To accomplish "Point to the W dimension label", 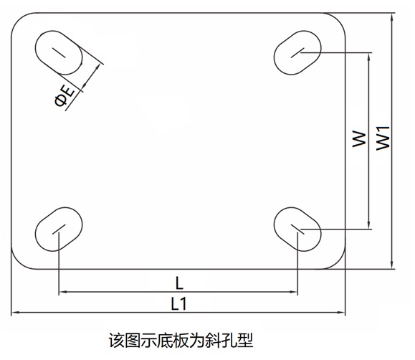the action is [359, 139].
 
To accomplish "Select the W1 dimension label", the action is [383, 138].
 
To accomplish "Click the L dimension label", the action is [179, 283].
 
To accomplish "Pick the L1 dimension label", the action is [179, 303].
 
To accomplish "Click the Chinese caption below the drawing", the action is [181, 341].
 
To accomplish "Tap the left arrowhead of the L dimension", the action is [62, 292].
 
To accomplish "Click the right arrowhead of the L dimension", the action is [294, 292].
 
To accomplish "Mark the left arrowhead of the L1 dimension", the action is [15, 313].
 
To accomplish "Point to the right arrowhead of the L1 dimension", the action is [341, 313].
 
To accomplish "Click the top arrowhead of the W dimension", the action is [368, 57].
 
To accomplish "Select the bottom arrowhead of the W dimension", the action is [368, 225].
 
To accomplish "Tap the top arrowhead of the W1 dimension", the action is [393, 16].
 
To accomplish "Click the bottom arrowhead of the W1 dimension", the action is [393, 265].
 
